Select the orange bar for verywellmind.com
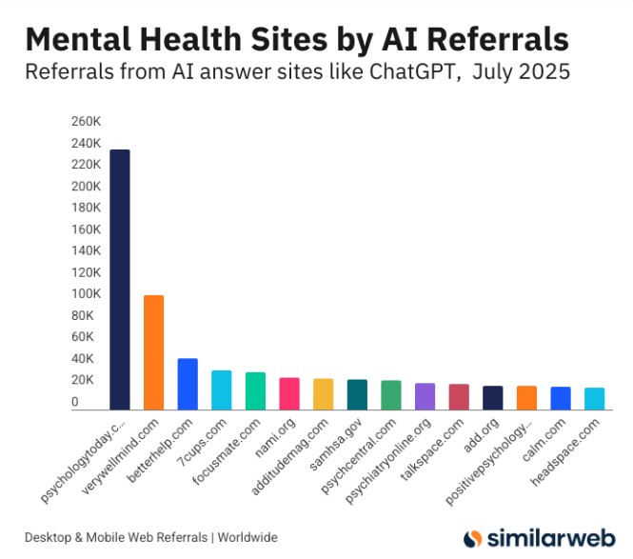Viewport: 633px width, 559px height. (153, 352)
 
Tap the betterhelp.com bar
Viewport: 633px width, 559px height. (188, 384)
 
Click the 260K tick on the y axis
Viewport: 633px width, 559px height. (86, 122)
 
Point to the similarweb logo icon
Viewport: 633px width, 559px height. (473, 538)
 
